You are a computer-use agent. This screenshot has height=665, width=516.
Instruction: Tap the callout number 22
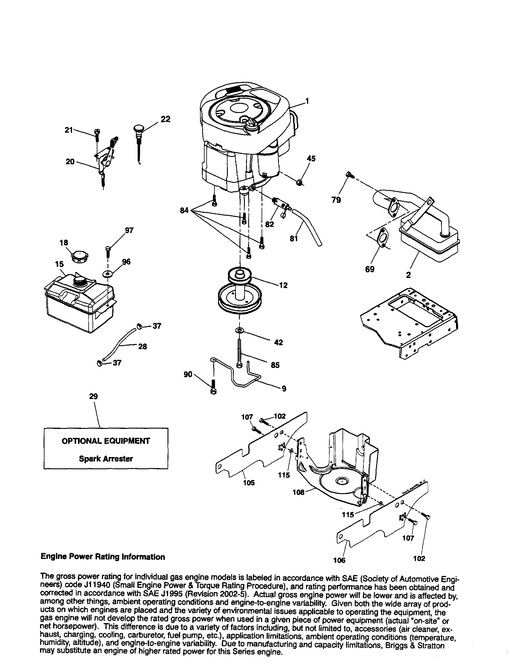click(x=165, y=119)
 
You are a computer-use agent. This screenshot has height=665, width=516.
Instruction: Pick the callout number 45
click(x=311, y=158)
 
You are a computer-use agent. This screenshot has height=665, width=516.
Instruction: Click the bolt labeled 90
click(x=213, y=387)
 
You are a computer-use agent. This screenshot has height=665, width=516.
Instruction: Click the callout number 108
click(x=298, y=492)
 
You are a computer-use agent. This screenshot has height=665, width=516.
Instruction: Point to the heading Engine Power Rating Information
click(x=103, y=557)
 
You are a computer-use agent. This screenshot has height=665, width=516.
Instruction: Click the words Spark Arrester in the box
click(x=106, y=458)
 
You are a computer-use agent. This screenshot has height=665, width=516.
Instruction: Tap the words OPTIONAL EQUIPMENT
click(x=106, y=441)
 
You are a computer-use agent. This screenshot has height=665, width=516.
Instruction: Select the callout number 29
click(x=93, y=396)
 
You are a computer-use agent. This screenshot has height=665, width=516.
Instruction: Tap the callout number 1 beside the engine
click(x=307, y=101)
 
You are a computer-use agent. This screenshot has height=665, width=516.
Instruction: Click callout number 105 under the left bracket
click(x=249, y=483)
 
